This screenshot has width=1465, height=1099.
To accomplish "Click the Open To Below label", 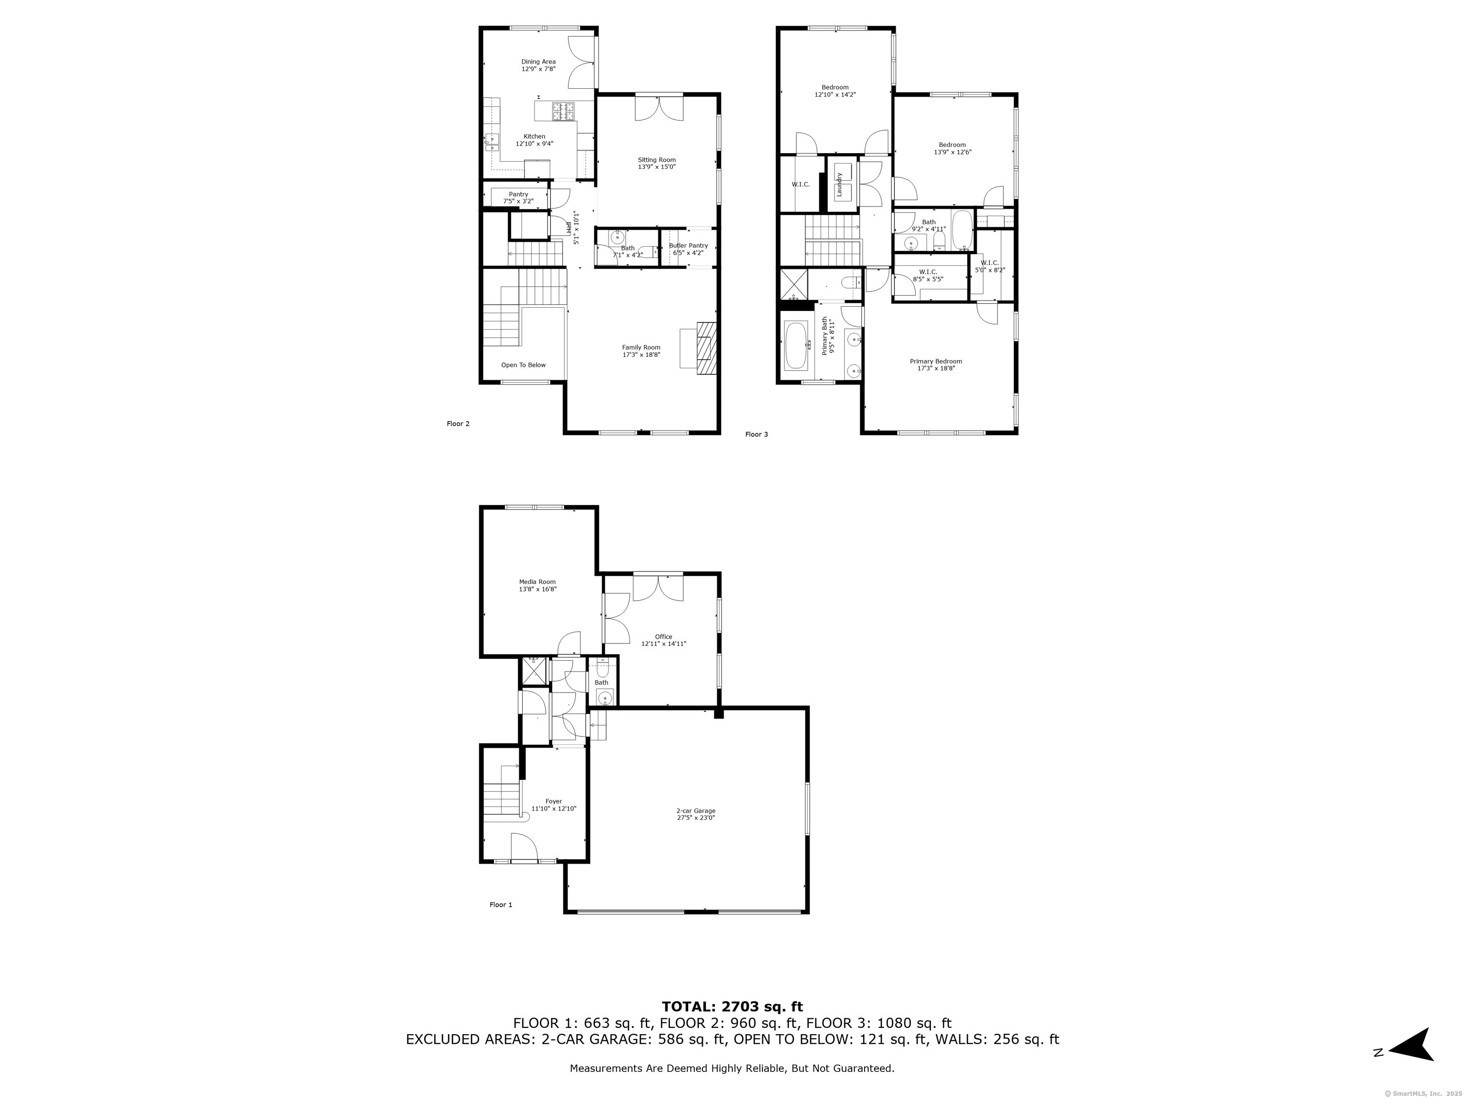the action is click(523, 365).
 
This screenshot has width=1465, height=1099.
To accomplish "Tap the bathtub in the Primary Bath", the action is click(795, 346).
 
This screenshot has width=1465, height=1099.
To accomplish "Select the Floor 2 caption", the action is click(458, 424).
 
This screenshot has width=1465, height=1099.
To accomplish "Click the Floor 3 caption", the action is click(756, 435).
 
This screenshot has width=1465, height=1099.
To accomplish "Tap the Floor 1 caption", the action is click(501, 905).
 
